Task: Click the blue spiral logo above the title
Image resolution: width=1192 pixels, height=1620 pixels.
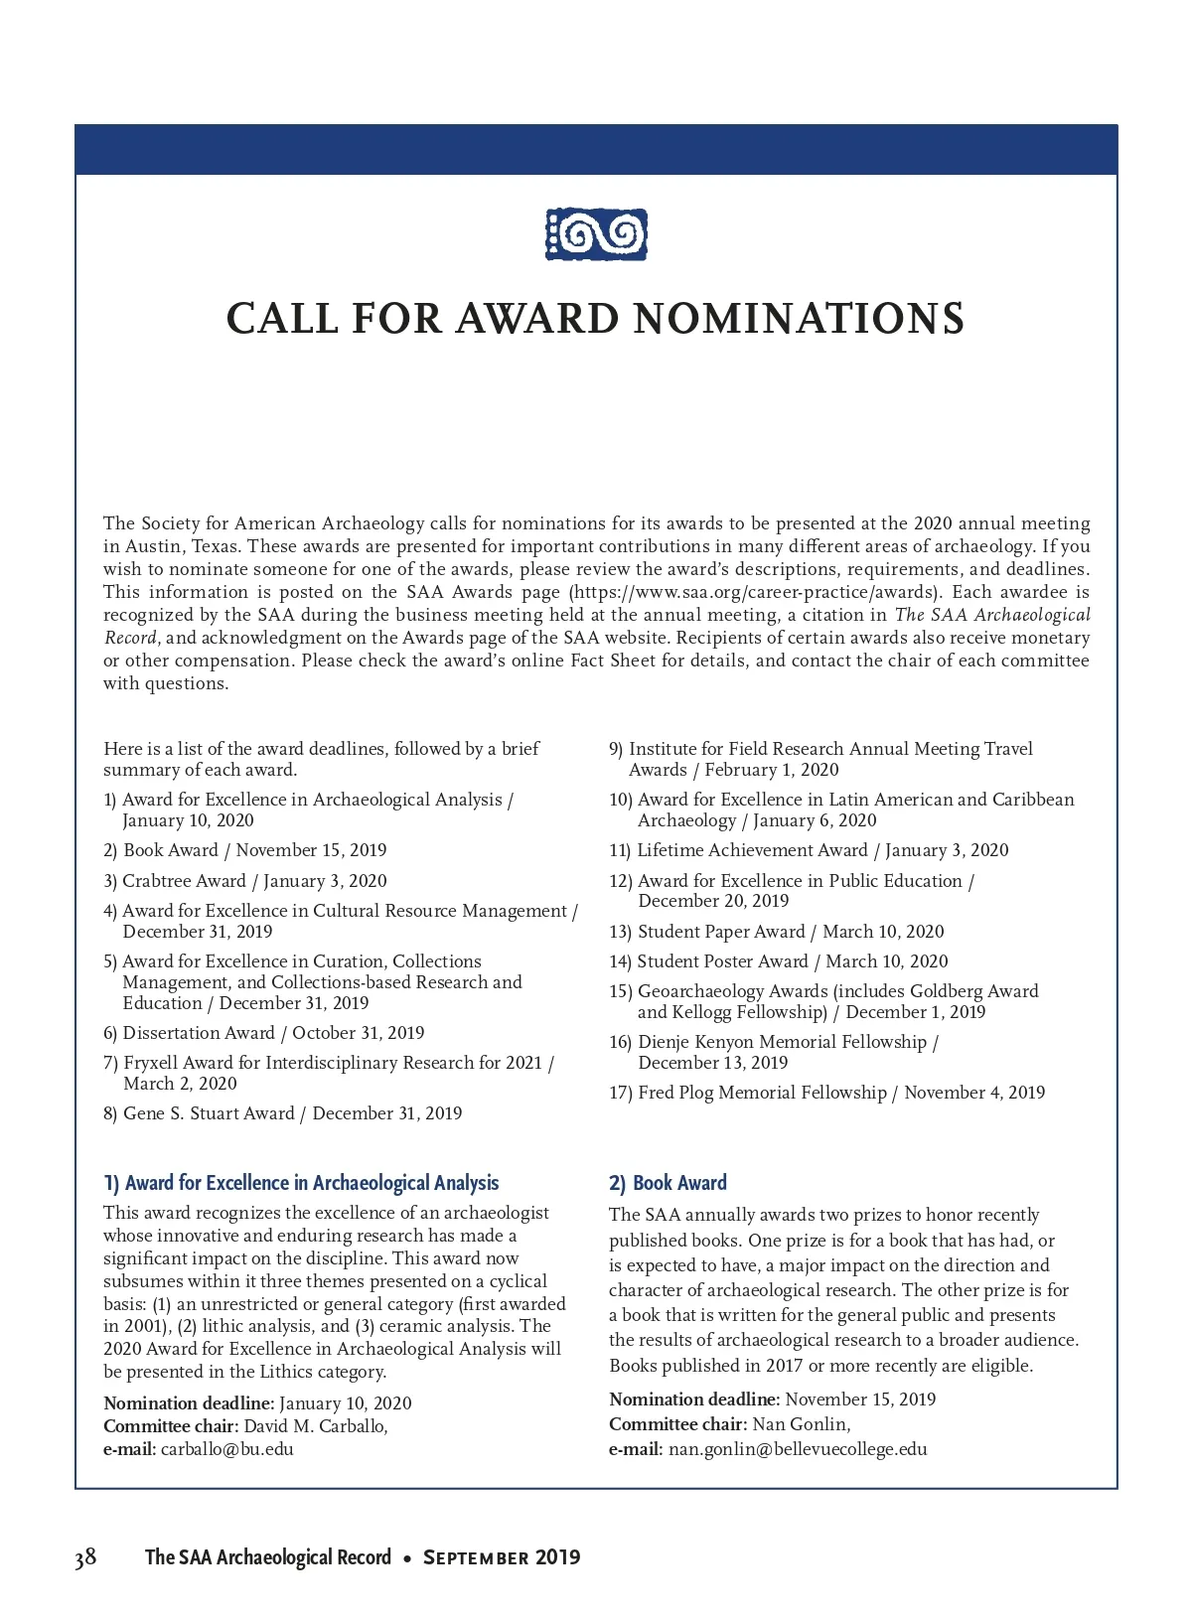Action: pyautogui.click(x=596, y=234)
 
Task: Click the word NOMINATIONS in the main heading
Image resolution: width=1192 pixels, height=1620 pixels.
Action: pyautogui.click(x=799, y=319)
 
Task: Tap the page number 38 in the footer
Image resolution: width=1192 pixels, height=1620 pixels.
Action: pyautogui.click(x=85, y=1556)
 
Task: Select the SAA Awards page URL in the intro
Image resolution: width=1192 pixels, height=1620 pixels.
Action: pyautogui.click(x=753, y=592)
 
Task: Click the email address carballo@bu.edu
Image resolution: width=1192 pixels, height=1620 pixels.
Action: pyautogui.click(x=227, y=1448)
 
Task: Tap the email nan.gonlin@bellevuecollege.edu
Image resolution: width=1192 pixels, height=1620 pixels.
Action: pyautogui.click(x=798, y=1448)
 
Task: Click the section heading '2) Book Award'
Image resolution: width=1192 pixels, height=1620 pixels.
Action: pyautogui.click(x=668, y=1183)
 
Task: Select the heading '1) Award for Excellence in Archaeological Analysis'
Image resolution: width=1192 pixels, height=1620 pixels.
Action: pyautogui.click(x=301, y=1183)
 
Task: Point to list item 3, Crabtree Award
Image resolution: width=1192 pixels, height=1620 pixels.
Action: pyautogui.click(x=245, y=881)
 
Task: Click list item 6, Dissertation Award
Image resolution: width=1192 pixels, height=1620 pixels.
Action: pyautogui.click(x=263, y=1033)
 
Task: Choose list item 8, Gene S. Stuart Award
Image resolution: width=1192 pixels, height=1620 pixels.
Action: pyautogui.click(x=283, y=1113)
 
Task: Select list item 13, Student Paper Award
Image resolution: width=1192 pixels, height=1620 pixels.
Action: pyautogui.click(x=777, y=932)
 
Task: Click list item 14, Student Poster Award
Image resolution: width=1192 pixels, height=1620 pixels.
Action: pyautogui.click(x=779, y=961)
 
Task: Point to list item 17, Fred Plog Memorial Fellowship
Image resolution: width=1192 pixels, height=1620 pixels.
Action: pyautogui.click(x=826, y=1093)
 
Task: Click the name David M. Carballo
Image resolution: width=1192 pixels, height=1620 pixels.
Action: pyautogui.click(x=315, y=1426)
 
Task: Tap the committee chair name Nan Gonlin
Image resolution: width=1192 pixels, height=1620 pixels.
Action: pyautogui.click(x=800, y=1424)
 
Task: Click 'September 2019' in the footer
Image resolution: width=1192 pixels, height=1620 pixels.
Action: pyautogui.click(x=502, y=1557)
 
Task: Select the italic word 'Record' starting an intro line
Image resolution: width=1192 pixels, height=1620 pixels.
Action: pyautogui.click(x=130, y=638)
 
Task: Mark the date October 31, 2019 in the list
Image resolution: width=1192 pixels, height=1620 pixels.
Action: pyautogui.click(x=359, y=1033)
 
